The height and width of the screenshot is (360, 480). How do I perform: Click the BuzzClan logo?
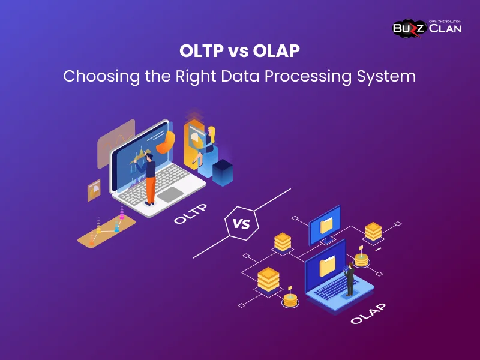427,27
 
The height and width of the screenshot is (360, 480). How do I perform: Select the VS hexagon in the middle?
241,224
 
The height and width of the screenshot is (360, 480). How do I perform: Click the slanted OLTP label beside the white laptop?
190,214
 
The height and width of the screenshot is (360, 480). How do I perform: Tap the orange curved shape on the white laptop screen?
166,141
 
